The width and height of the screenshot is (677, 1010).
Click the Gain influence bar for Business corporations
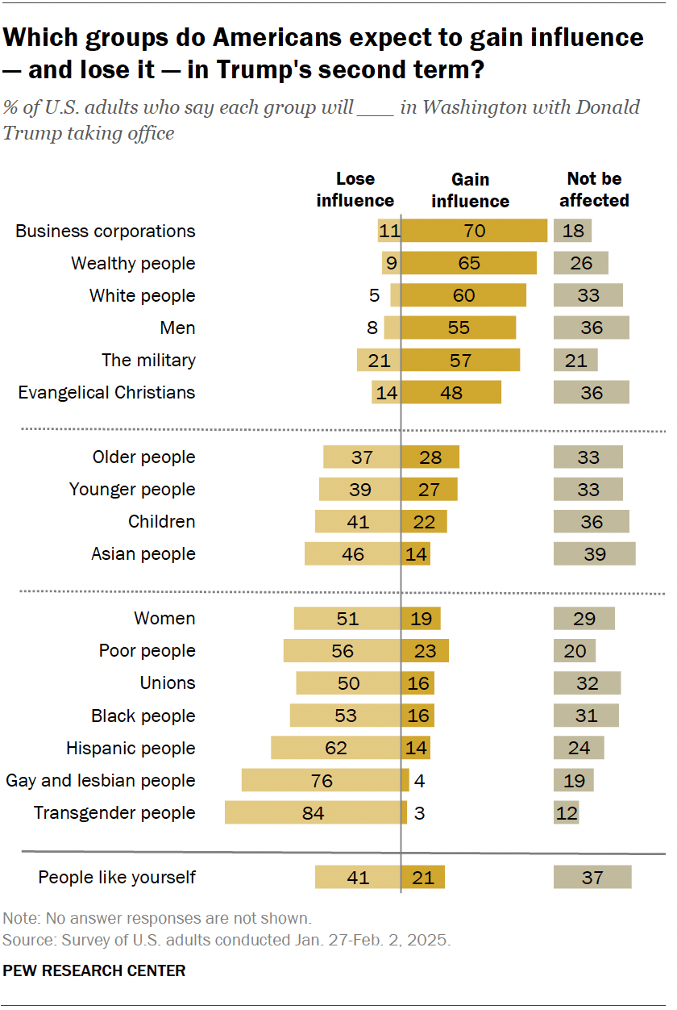pyautogui.click(x=474, y=231)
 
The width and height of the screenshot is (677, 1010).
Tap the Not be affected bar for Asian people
pyautogui.click(x=594, y=554)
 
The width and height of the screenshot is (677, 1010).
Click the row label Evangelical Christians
pyautogui.click(x=106, y=393)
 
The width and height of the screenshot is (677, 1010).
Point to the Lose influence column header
pyautogui.click(x=355, y=190)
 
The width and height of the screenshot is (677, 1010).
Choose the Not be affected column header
pyautogui.click(x=594, y=190)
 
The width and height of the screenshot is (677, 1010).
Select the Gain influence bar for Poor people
pyautogui.click(x=425, y=651)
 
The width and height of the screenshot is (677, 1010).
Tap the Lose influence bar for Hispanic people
pyautogui.click(x=335, y=748)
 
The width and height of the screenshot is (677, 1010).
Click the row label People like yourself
pyautogui.click(x=117, y=877)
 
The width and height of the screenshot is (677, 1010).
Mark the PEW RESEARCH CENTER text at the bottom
pyautogui.click(x=94, y=970)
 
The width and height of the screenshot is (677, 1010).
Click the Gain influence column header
pyautogui.click(x=471, y=190)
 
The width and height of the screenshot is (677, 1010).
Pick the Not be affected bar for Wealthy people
pyautogui.click(x=580, y=263)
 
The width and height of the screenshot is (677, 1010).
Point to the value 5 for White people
pyautogui.click(x=374, y=295)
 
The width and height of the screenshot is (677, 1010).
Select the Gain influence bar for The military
pyautogui.click(x=460, y=360)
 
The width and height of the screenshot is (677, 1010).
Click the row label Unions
pyautogui.click(x=168, y=683)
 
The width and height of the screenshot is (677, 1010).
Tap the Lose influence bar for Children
pyautogui.click(x=358, y=522)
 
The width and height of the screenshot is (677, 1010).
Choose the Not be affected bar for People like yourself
pyautogui.click(x=592, y=877)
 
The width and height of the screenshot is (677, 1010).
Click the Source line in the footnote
pyautogui.click(x=226, y=941)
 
